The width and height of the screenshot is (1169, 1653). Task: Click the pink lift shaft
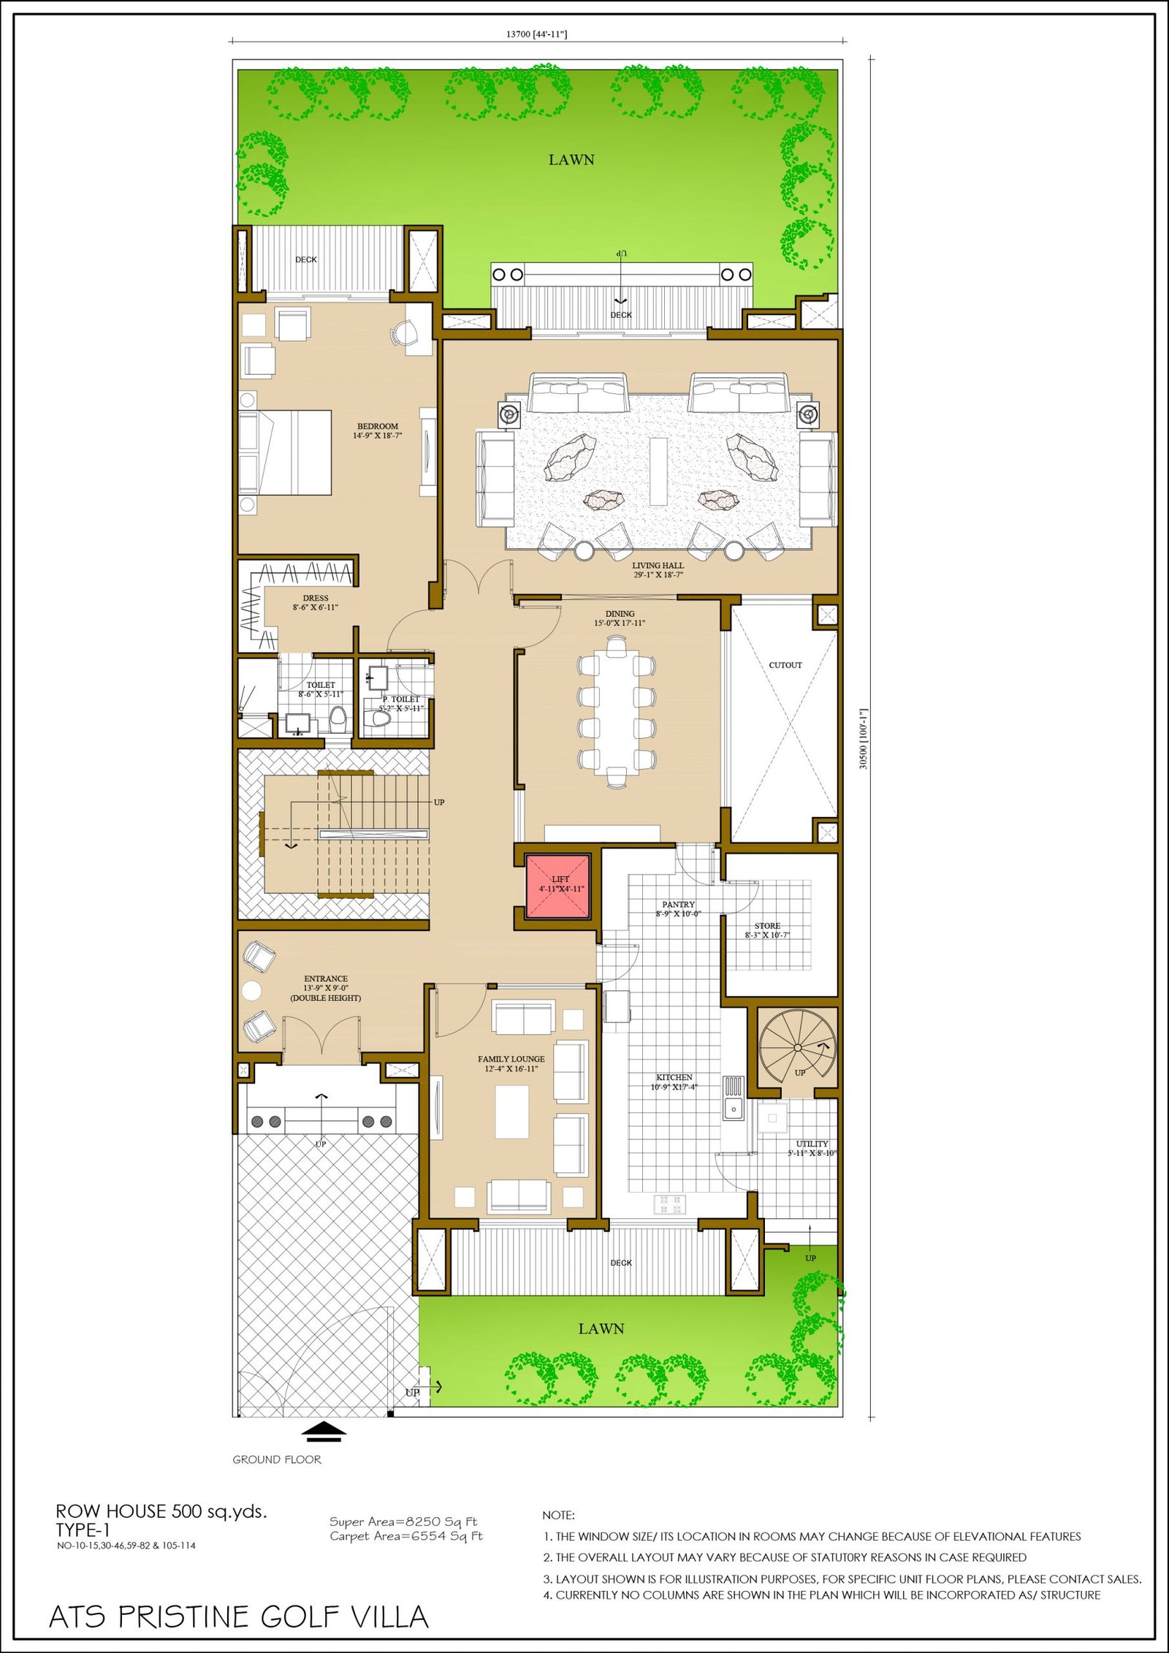pyautogui.click(x=558, y=886)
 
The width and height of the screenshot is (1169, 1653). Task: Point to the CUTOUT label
pyautogui.click(x=785, y=665)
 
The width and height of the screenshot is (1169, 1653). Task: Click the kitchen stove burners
pyautogui.click(x=670, y=1204)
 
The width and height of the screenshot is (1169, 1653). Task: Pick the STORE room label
pyautogui.click(x=767, y=926)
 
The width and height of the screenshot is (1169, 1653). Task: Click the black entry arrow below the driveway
pyautogui.click(x=324, y=1432)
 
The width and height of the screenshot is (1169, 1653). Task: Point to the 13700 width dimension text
pyautogui.click(x=536, y=34)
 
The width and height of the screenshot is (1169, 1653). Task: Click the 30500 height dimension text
pyautogui.click(x=864, y=738)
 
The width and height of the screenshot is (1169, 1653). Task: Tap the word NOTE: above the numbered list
pyautogui.click(x=558, y=1516)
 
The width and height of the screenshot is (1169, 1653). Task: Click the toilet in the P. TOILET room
pyautogui.click(x=379, y=719)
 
